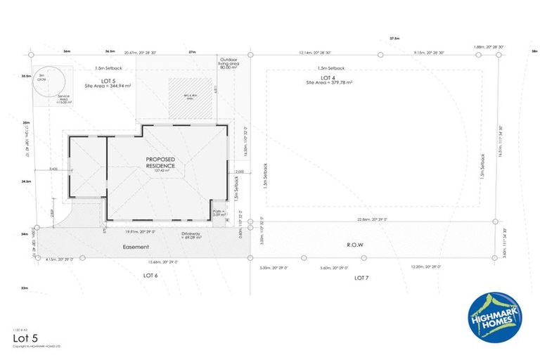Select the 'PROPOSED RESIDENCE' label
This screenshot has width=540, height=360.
160,162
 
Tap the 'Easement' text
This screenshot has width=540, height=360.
136,247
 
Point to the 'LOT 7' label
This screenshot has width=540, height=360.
361,278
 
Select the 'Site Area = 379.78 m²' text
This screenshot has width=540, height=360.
329,82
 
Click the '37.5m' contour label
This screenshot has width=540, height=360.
394,39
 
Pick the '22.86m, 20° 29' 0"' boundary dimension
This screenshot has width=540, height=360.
373,219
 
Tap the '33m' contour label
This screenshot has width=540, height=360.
25,288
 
